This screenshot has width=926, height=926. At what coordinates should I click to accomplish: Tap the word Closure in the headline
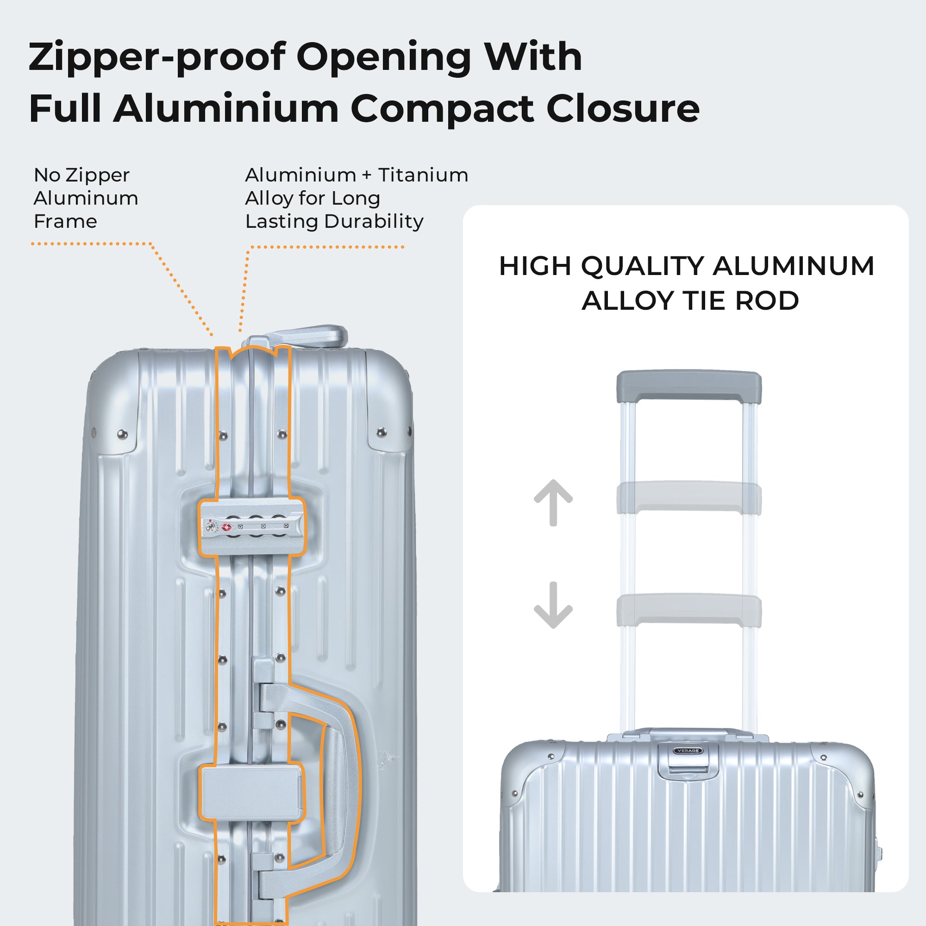point(623,108)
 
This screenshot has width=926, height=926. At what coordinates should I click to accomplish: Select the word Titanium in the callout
point(423,175)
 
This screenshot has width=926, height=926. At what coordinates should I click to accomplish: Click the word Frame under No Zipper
point(66,221)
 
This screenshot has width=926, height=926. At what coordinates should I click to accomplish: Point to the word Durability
point(374,221)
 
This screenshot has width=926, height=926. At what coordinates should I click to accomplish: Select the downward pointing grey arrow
point(553,605)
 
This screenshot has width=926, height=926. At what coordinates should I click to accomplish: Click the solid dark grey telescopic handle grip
point(689,385)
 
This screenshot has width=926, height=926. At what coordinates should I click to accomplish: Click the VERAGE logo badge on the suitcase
point(688,751)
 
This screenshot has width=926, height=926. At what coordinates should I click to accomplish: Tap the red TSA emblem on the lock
point(227,527)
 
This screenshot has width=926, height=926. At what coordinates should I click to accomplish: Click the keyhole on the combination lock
point(210,527)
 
